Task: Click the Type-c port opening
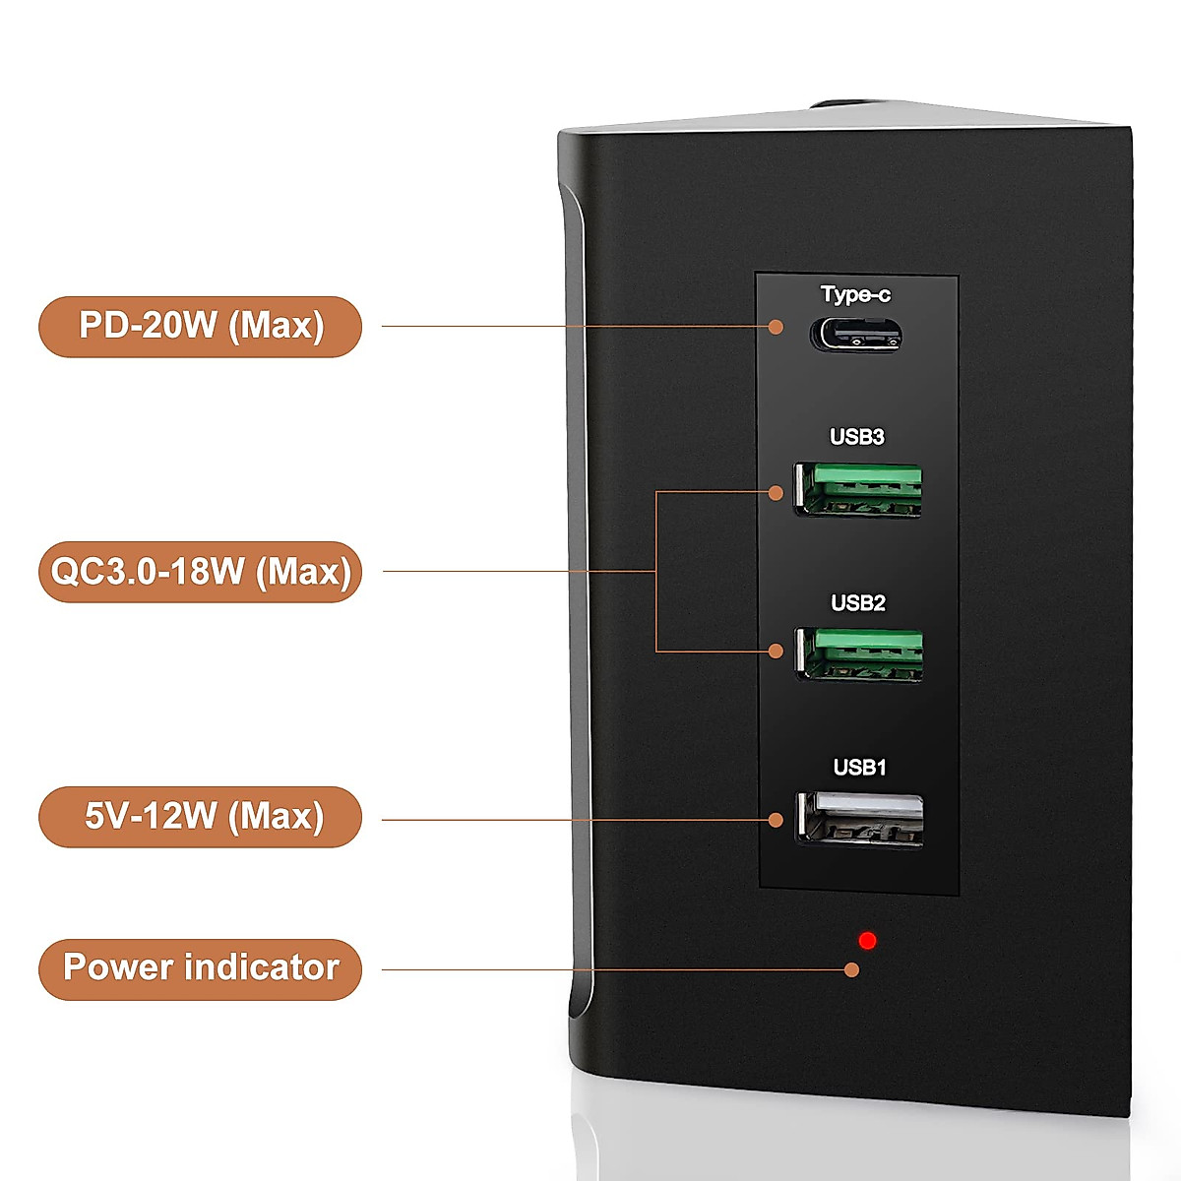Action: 855,335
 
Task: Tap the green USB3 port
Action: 858,490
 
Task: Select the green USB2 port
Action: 859,654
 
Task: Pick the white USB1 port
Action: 860,819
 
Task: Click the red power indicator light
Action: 867,940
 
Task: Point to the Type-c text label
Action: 855,294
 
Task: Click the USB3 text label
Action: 857,437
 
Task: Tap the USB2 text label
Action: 858,602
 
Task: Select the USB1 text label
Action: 860,767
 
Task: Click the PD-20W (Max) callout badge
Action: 201,326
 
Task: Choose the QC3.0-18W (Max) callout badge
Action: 201,571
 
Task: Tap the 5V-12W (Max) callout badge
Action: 201,816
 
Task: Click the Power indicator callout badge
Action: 201,968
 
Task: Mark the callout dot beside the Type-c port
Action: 777,327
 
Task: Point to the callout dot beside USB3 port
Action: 777,492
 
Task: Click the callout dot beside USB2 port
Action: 777,651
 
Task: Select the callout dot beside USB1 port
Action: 777,819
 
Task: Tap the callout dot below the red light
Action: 852,969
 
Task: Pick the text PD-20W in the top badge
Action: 148,325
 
